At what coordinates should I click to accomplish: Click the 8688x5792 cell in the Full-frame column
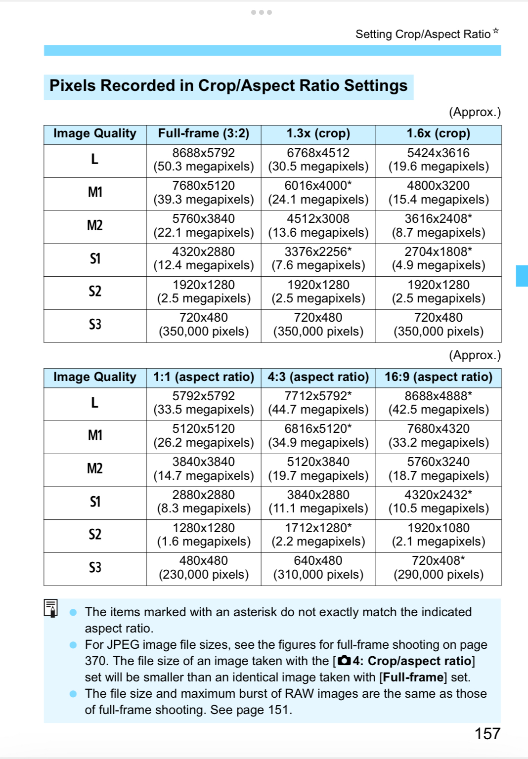pyautogui.click(x=204, y=160)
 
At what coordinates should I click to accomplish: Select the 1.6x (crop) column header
pyautogui.click(x=438, y=134)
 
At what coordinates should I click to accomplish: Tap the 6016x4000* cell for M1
pyautogui.click(x=318, y=193)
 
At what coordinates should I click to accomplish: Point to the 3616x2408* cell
pyautogui.click(x=438, y=226)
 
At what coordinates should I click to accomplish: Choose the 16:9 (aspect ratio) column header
pyautogui.click(x=438, y=378)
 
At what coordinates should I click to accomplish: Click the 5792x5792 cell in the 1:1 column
pyautogui.click(x=204, y=403)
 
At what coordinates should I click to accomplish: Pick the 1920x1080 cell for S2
pyautogui.click(x=438, y=535)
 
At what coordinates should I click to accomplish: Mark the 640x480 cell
pyautogui.click(x=318, y=568)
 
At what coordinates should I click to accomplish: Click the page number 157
pyautogui.click(x=487, y=734)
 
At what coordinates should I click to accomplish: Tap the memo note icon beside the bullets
pyautogui.click(x=51, y=608)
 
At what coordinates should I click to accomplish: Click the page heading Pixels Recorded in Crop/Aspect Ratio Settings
pyautogui.click(x=228, y=86)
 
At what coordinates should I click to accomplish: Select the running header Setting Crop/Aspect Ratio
pyautogui.click(x=423, y=34)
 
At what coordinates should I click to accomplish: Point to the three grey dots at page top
pyautogui.click(x=261, y=12)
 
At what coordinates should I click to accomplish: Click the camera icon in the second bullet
pyautogui.click(x=344, y=661)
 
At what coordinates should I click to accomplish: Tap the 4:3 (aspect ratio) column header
pyautogui.click(x=318, y=378)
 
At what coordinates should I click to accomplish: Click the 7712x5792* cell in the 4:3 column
pyautogui.click(x=318, y=403)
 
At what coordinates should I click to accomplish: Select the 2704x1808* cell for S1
pyautogui.click(x=438, y=259)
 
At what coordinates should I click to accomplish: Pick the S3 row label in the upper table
pyautogui.click(x=95, y=325)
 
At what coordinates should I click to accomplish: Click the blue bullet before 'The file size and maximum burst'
pyautogui.click(x=73, y=694)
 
